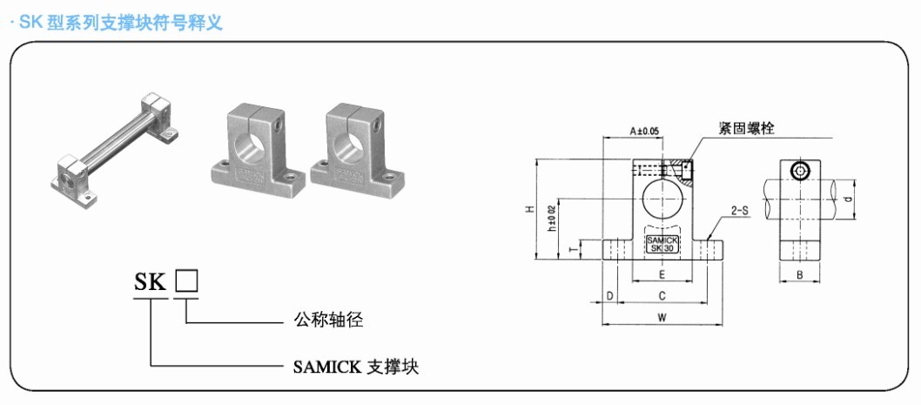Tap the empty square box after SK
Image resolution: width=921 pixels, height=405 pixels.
[x=187, y=281]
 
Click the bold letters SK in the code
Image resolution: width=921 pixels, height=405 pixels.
[x=151, y=282]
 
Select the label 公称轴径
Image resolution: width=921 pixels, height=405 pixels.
[x=328, y=320]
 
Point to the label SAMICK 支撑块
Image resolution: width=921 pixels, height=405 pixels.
[x=356, y=367]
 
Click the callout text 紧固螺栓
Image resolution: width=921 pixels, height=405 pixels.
[x=747, y=127]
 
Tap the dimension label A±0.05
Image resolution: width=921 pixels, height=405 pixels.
[x=644, y=132]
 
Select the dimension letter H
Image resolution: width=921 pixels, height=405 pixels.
[x=529, y=209]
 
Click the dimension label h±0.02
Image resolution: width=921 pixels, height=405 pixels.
[x=551, y=218]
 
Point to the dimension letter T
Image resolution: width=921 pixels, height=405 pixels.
[x=574, y=250]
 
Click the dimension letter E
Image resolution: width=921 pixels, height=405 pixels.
[x=662, y=274]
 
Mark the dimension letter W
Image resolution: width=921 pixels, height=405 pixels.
[x=662, y=318]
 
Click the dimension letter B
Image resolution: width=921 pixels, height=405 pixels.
[x=799, y=274]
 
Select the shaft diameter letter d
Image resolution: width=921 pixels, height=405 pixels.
[x=847, y=199]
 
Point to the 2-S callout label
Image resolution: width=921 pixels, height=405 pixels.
[x=740, y=209]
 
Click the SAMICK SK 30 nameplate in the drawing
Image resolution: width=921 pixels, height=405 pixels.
[x=662, y=244]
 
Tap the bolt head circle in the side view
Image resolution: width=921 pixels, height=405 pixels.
[x=800, y=171]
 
